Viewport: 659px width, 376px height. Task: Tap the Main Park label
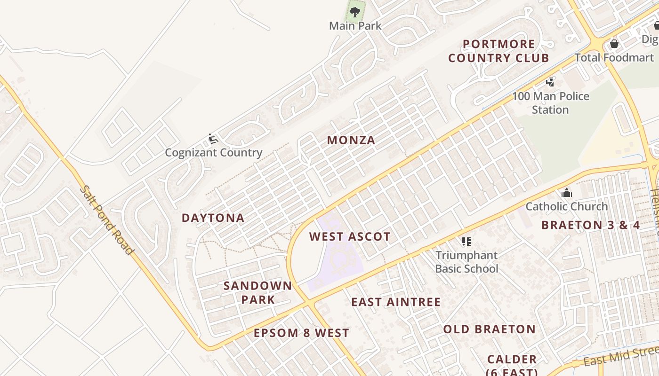pyautogui.click(x=355, y=26)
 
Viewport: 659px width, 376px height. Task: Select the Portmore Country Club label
pyautogui.click(x=498, y=51)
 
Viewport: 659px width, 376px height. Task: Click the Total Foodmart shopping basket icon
pyautogui.click(x=614, y=44)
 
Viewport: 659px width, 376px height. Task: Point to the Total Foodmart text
pyautogui.click(x=614, y=58)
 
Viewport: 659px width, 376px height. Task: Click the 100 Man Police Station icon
pyautogui.click(x=550, y=82)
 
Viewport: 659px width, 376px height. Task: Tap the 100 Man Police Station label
pyautogui.click(x=550, y=103)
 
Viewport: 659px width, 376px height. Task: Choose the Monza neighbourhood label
pyautogui.click(x=351, y=140)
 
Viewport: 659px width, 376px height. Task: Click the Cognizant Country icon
pyautogui.click(x=213, y=139)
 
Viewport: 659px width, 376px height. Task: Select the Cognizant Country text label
pyautogui.click(x=213, y=153)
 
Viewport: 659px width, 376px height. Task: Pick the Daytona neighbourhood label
pyautogui.click(x=213, y=218)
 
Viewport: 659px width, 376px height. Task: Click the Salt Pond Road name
pyautogui.click(x=106, y=220)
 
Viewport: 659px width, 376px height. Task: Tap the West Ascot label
pyautogui.click(x=350, y=237)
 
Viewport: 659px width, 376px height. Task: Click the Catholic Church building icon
pyautogui.click(x=567, y=193)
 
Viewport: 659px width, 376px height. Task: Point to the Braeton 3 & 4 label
pyautogui.click(x=591, y=225)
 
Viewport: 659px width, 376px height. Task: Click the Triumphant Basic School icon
pyautogui.click(x=466, y=242)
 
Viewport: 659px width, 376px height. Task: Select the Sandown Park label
pyautogui.click(x=258, y=292)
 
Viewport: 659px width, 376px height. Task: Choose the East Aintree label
pyautogui.click(x=396, y=302)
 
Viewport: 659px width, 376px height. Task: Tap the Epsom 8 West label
pyautogui.click(x=301, y=333)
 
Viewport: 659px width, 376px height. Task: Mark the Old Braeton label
pyautogui.click(x=490, y=329)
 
